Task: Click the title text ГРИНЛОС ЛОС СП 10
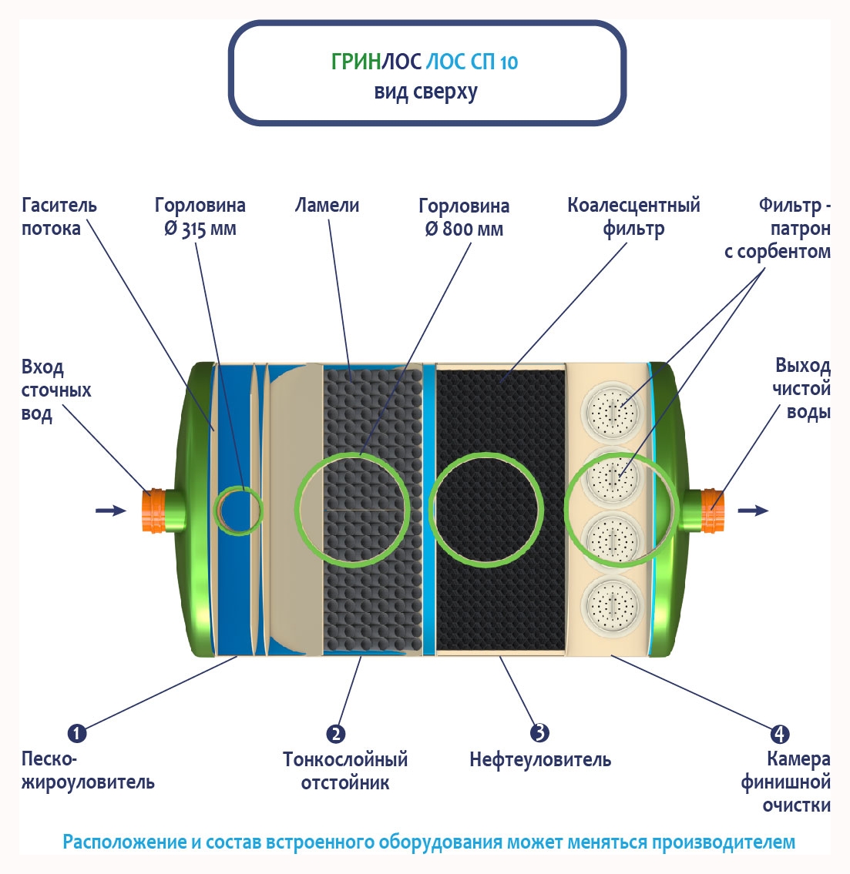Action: [x=425, y=62]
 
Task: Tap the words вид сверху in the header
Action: [x=425, y=92]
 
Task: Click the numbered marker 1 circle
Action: [x=77, y=732]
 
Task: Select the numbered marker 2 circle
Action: [x=336, y=734]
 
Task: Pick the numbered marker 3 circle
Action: [x=539, y=732]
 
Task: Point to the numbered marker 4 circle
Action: [x=780, y=734]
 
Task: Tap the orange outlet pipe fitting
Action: [x=711, y=510]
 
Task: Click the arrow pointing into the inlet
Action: [x=110, y=510]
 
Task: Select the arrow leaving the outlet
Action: [x=753, y=510]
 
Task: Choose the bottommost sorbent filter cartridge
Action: [x=613, y=604]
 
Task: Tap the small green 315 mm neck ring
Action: [x=238, y=510]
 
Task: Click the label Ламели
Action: [x=327, y=206]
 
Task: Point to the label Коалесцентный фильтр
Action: [x=633, y=216]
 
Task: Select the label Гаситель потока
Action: [x=59, y=216]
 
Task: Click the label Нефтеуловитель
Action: [x=539, y=760]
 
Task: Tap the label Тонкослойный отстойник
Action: [x=344, y=771]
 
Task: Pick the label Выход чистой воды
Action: [x=801, y=389]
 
